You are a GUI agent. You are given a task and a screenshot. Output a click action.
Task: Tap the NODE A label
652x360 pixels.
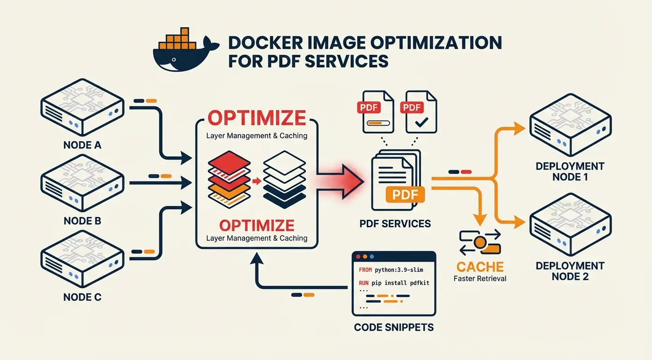(x=82, y=145)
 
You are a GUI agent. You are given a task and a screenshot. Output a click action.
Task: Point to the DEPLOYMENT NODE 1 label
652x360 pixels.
(x=570, y=172)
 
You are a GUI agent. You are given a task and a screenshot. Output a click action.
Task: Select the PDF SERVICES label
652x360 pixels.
(x=395, y=224)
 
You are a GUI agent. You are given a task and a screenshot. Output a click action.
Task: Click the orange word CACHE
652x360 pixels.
(x=480, y=267)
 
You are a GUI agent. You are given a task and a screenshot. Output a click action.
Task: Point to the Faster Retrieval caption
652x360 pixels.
(x=480, y=278)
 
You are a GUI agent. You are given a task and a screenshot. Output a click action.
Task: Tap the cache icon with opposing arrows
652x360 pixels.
(x=480, y=242)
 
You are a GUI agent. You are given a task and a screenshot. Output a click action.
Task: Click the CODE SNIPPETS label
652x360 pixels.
(x=394, y=327)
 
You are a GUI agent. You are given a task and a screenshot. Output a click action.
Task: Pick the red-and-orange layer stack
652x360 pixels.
(x=229, y=180)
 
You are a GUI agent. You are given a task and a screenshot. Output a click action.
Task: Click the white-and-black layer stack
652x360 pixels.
(x=284, y=180)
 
